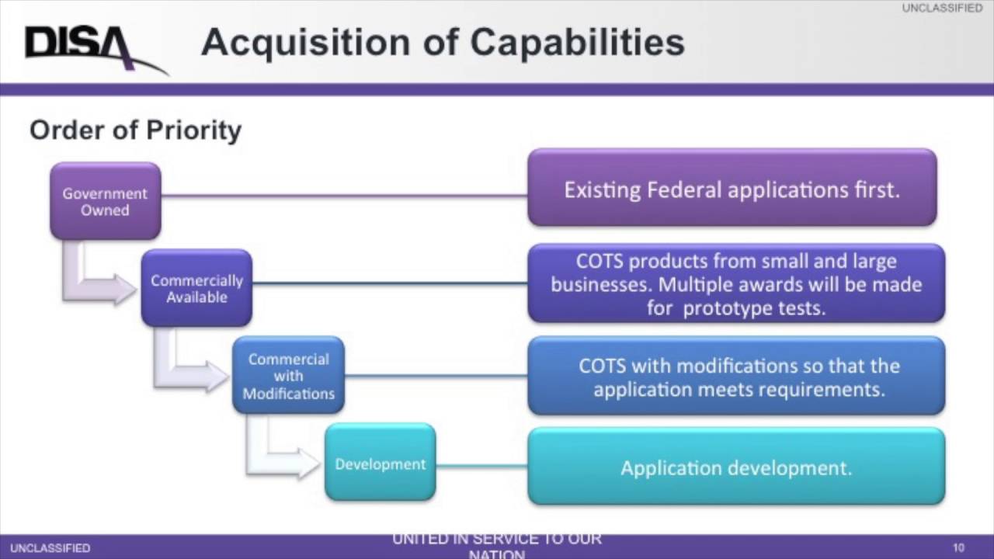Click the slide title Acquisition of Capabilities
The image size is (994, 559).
pos(443,43)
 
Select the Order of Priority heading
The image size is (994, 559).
pos(135,130)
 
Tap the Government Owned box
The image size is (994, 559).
pos(106,201)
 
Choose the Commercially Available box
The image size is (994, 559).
pos(196,288)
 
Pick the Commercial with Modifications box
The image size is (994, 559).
pos(288,376)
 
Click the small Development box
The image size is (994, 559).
pos(380,464)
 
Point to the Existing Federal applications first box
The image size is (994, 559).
pos(732,189)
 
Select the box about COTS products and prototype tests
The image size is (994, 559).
pos(736,283)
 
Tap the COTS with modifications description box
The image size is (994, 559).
pos(736,377)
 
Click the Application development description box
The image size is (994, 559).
pos(736,467)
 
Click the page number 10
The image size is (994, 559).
pos(958,548)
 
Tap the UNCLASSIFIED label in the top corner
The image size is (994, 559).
pos(942,9)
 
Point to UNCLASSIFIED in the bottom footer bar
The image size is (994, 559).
pos(50,548)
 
